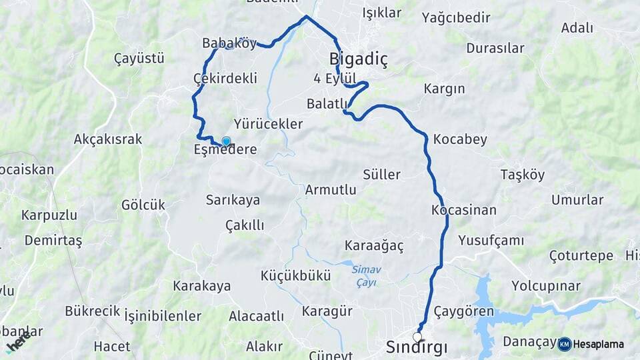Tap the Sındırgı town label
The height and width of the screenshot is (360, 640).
[x=417, y=347]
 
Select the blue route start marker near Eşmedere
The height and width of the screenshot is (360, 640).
[x=226, y=141]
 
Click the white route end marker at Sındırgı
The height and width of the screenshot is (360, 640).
[x=418, y=337]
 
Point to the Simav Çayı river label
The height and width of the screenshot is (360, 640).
[x=364, y=275]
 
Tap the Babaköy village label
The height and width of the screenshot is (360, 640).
[x=229, y=43]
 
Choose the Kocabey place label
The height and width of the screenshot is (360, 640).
[x=460, y=139]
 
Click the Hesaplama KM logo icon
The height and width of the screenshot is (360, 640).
[x=565, y=344]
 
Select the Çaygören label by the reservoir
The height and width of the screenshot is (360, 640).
[x=464, y=311]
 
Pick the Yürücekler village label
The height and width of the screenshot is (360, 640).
[x=268, y=124]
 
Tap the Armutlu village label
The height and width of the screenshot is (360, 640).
[x=330, y=189]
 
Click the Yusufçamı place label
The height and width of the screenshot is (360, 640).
[x=491, y=240]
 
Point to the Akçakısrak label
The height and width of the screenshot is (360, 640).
[x=108, y=139]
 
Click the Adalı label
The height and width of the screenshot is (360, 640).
[x=577, y=27]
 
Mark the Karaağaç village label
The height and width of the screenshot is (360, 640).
[x=374, y=245]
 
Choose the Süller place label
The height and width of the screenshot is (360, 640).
[x=381, y=175]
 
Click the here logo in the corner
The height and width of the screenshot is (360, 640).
[x=18, y=343]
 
